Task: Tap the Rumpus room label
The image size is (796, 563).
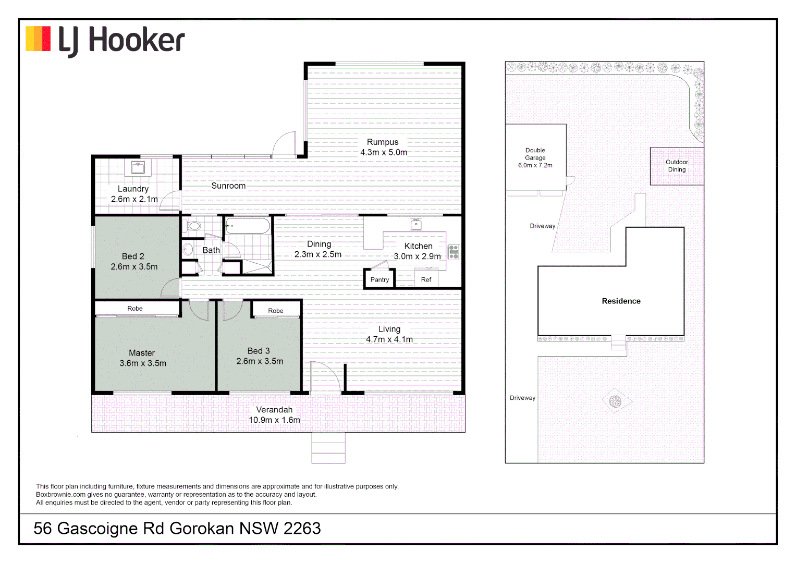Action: pos(383,142)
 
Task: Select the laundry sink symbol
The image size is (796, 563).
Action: pos(138,167)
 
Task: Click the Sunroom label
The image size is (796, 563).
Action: pos(228,186)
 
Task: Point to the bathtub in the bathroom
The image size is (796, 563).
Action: pos(248,226)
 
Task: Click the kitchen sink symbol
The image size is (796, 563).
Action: pos(416,225)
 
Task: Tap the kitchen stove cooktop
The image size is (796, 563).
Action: pos(454,252)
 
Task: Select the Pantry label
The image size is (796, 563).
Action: pos(379,280)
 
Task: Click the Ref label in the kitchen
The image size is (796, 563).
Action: pos(426,280)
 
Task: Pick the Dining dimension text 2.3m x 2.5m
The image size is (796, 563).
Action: pos(318,254)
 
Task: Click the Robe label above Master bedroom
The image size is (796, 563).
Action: pos(135,309)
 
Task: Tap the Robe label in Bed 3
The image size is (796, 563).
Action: pos(276,311)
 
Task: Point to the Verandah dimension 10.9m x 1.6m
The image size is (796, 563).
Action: pos(274,420)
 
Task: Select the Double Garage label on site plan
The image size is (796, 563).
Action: pos(535,154)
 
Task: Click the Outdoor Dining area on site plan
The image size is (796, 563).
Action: pos(677,166)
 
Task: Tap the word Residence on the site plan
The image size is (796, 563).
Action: pos(621,301)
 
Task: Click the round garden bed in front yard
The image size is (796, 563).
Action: pos(616,401)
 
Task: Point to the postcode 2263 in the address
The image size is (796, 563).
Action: pos(302,529)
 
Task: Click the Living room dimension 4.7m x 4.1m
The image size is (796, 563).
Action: pos(389,339)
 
